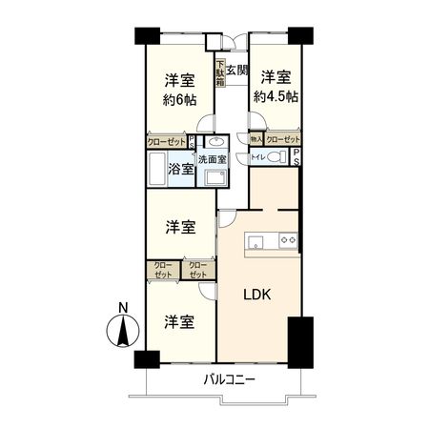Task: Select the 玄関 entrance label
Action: click(237, 71)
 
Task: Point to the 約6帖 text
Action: click(178, 98)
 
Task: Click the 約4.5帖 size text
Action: click(275, 96)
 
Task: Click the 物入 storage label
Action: click(255, 139)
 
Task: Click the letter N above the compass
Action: click(122, 307)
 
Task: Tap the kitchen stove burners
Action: click(291, 239)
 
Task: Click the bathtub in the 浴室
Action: click(158, 170)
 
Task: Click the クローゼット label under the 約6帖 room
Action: click(166, 140)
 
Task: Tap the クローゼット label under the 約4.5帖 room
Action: click(282, 139)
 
